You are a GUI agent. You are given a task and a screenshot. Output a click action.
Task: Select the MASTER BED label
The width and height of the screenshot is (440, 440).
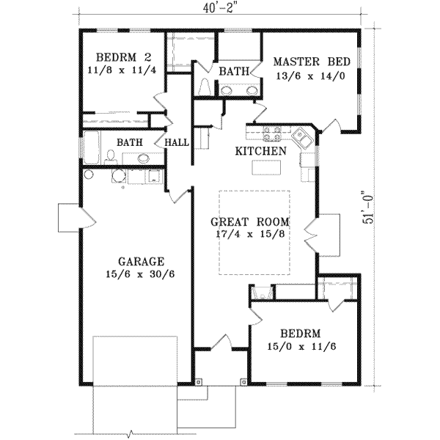click(311, 62)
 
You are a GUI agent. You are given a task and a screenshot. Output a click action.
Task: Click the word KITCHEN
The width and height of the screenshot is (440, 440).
click(260, 150)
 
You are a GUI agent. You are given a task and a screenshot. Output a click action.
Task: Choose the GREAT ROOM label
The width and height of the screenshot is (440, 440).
click(249, 221)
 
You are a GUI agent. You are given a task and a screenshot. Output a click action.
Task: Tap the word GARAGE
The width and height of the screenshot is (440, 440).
click(140, 261)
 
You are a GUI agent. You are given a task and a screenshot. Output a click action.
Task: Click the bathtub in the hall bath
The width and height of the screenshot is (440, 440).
click(89, 147)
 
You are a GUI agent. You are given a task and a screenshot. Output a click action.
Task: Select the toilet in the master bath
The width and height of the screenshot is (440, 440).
click(204, 87)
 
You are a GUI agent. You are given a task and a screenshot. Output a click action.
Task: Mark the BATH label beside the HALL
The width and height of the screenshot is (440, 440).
click(131, 142)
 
